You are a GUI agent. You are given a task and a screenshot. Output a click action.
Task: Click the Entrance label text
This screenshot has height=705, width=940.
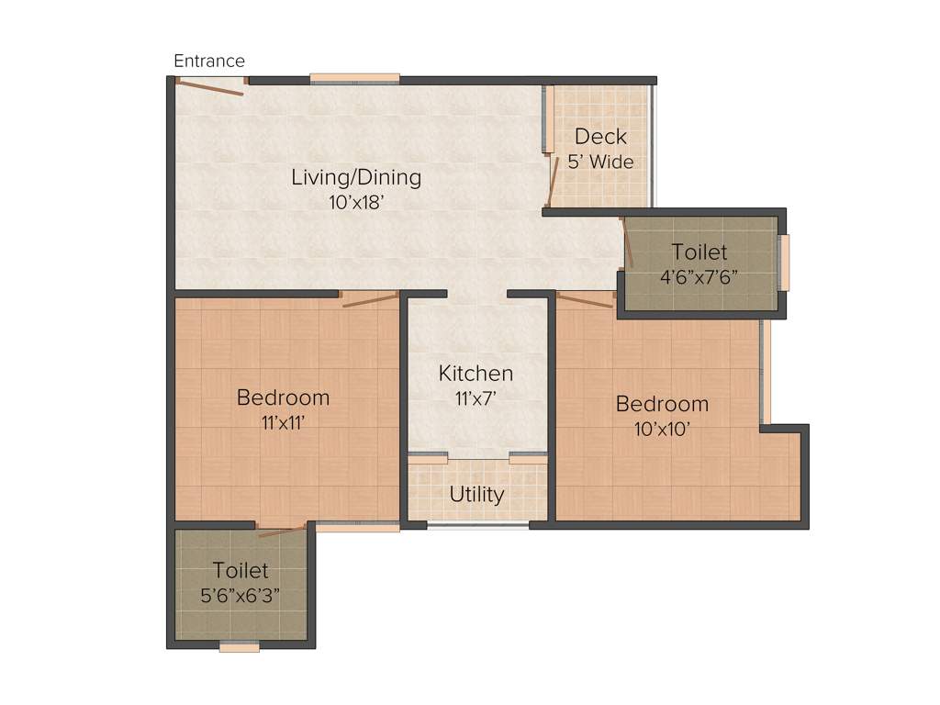coord(209,62)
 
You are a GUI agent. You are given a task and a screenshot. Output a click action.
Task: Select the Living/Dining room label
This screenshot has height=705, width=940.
coord(356,177)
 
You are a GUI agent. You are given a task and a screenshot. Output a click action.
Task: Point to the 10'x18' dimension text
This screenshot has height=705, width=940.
coord(355,203)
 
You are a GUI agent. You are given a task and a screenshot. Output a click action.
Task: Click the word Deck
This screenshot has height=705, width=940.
coord(600,137)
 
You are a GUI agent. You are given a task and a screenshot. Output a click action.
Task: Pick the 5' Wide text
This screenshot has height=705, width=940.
coord(600,162)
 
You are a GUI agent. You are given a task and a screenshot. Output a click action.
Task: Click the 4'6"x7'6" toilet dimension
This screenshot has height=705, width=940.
coord(699,276)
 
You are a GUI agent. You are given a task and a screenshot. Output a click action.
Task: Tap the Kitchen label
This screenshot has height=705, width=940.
coord(476,374)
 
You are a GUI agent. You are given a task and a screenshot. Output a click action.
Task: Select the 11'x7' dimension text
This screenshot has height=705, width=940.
coord(476,398)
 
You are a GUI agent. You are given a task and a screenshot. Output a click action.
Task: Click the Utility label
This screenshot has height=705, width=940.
coord(476,495)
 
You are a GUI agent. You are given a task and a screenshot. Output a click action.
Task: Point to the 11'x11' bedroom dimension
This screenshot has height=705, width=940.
coord(283,423)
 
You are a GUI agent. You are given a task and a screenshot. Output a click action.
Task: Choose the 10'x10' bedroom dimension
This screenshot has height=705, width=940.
coord(662,429)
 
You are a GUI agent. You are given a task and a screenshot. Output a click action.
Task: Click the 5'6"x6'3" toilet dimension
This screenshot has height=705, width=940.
coord(241,595)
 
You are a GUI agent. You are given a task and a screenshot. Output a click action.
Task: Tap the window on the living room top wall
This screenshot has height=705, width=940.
coord(354,79)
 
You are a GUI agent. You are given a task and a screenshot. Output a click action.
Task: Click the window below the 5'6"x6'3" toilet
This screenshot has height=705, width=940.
coord(239,646)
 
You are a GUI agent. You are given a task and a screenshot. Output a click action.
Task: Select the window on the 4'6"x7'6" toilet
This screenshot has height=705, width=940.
coord(784,263)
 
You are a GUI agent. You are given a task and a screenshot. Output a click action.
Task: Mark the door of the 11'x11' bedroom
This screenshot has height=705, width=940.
coord(370,298)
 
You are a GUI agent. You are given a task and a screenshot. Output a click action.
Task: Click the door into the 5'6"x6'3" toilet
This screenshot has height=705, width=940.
coord(282,530)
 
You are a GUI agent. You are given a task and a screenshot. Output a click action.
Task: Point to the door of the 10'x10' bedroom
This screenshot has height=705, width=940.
coord(585,299)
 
